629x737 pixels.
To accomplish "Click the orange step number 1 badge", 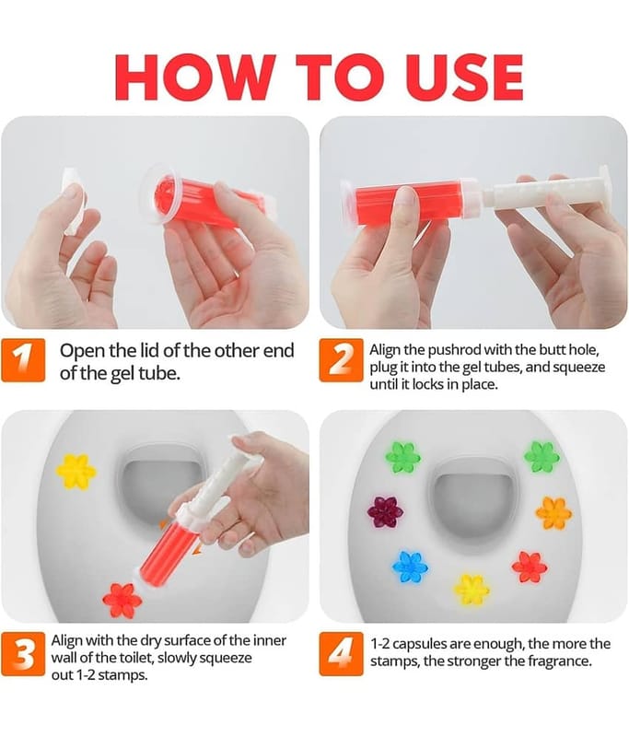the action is [24, 360].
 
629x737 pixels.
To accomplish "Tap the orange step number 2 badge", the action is [342, 360].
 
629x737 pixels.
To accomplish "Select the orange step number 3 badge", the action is [24, 654].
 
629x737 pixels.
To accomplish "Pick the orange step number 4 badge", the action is [342, 654].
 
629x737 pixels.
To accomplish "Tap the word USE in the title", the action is [462, 77].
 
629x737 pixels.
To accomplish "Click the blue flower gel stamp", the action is [410, 566].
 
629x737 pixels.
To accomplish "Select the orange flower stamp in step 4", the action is [553, 512].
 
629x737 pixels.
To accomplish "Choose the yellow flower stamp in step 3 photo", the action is [76, 471].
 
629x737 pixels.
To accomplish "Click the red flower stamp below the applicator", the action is [122, 601].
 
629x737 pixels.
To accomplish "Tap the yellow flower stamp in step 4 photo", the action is [472, 590].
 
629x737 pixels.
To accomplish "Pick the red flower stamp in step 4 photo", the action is [530, 566].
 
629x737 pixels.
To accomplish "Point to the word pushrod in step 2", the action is [454, 350].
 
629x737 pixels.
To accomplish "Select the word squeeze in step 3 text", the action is [226, 658].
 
